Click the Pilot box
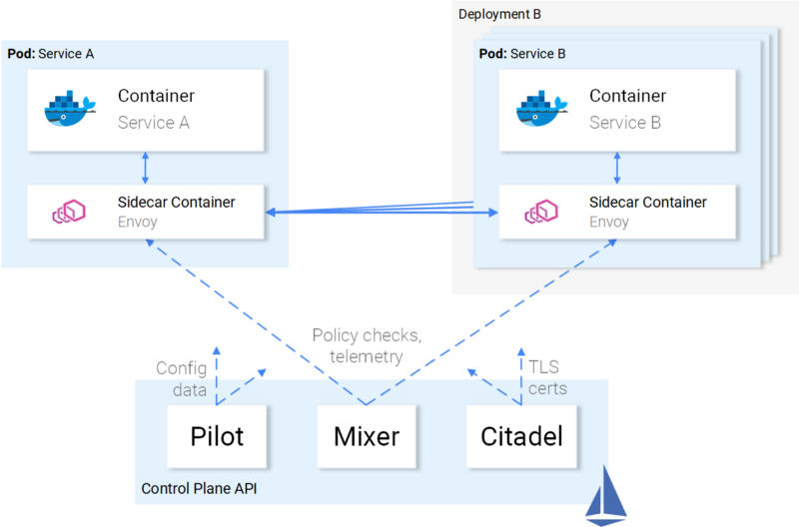click(218, 436)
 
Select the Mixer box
click(366, 436)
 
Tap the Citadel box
click(521, 436)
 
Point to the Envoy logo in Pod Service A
click(70, 212)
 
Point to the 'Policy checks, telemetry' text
click(357, 345)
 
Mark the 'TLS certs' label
click(546, 377)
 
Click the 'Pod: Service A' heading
click(51, 53)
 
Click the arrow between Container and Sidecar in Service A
click(146, 168)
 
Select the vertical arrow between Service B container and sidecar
click(616, 168)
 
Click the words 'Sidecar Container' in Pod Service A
click(176, 203)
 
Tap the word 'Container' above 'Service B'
click(627, 96)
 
